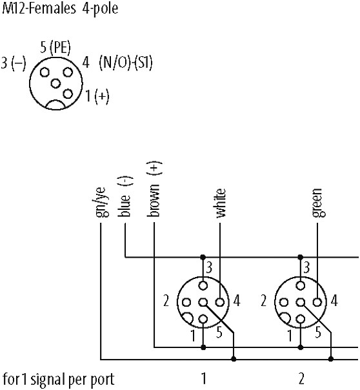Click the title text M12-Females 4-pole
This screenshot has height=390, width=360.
tap(60, 8)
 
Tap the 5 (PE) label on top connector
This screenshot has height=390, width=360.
tap(55, 47)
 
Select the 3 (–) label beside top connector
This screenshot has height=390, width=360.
tap(14, 63)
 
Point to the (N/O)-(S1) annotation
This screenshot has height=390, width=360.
tap(126, 62)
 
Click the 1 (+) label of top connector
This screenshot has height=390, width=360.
tap(97, 96)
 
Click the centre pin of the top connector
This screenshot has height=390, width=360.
tap(55, 83)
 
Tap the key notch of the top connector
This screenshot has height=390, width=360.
tap(56, 105)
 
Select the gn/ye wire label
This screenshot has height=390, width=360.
tap(102, 202)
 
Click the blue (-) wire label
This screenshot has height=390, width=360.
tap(125, 196)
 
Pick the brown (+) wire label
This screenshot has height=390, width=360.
tap(154, 189)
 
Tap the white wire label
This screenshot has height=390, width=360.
tap(220, 203)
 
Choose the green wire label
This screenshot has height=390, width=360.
tap(317, 203)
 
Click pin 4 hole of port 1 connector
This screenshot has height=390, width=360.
tap(220, 302)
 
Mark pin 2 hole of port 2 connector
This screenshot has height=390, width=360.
tap(284, 302)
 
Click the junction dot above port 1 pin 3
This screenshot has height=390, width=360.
tap(203, 257)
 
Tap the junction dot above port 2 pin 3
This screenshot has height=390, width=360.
tap(301, 257)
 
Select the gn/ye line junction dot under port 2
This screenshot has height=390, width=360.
tap(331, 359)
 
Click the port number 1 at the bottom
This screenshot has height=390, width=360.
tap(204, 378)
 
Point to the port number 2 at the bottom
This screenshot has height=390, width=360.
tap(301, 378)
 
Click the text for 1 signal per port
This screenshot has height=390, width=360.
tap(58, 380)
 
